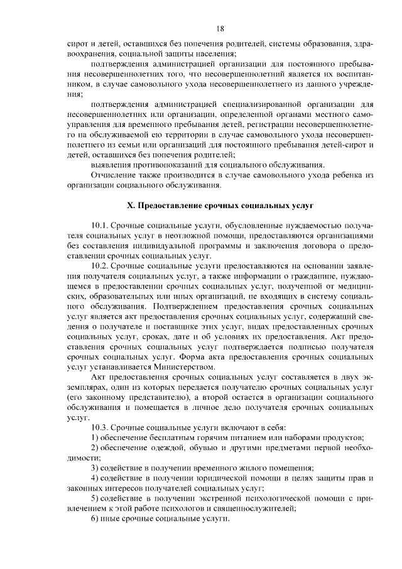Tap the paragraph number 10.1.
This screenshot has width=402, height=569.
[x=100, y=224]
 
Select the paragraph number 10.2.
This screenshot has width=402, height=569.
[x=100, y=267]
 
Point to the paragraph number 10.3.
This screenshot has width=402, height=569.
[x=100, y=426]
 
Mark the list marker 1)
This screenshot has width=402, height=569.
[x=95, y=437]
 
